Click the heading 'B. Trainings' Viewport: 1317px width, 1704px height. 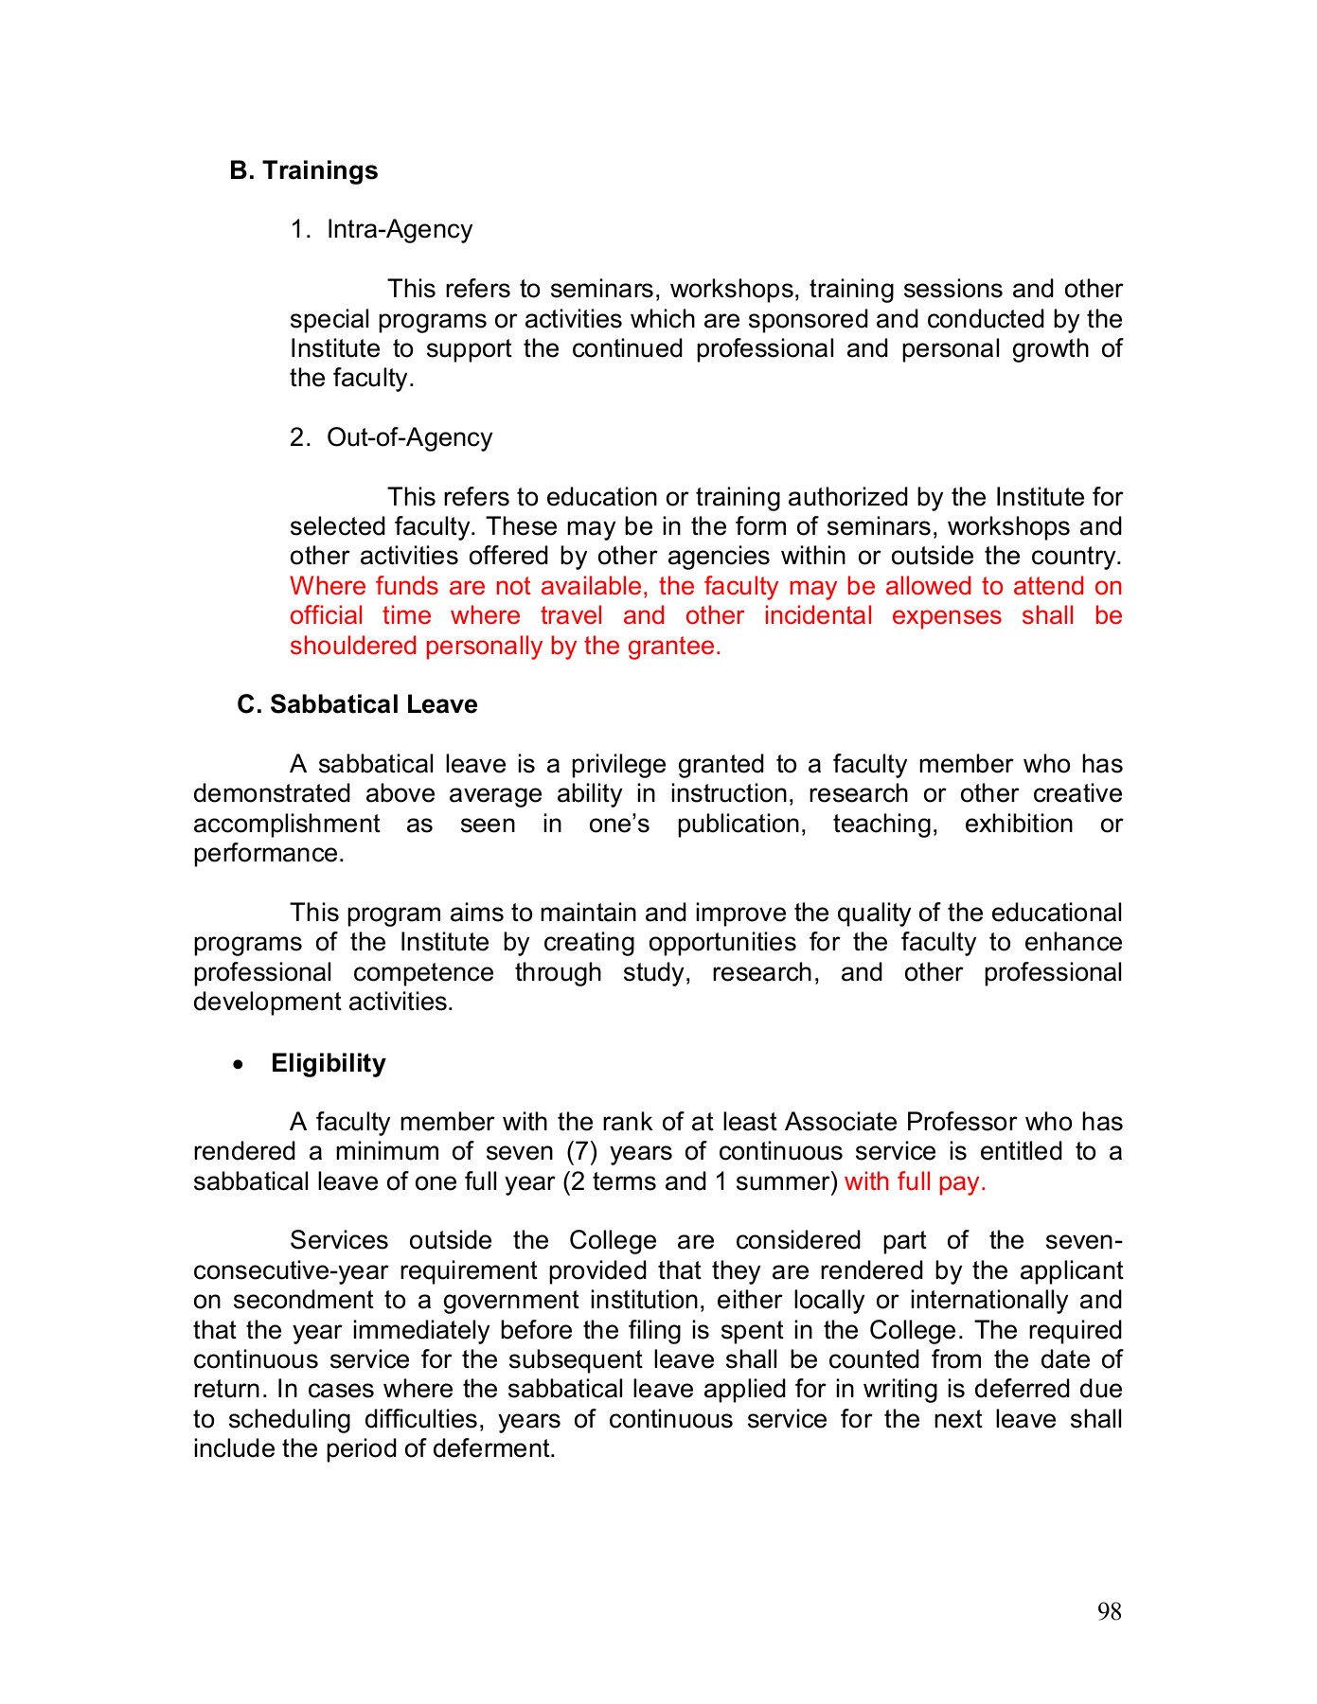(303, 170)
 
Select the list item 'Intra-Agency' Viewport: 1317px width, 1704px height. (399, 230)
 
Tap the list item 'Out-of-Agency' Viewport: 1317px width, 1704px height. (409, 437)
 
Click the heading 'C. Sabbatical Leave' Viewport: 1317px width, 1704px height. (357, 704)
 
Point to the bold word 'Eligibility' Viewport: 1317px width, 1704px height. (328, 1063)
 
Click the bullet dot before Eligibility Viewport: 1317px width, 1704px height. (239, 1065)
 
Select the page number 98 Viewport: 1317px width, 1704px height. (1109, 1611)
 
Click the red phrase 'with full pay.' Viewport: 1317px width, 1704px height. (915, 1181)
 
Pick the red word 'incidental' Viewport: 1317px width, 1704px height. (817, 615)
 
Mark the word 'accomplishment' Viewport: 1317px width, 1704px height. (286, 824)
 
